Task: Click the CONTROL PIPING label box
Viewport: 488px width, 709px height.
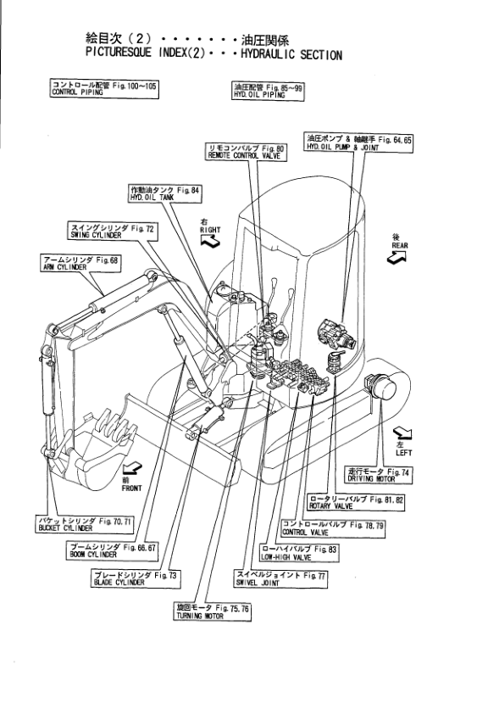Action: click(x=104, y=88)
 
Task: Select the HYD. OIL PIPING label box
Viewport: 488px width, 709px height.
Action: click(x=268, y=91)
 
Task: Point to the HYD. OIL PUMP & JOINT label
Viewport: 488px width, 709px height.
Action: click(x=358, y=142)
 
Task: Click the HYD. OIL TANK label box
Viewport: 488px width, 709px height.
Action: click(x=164, y=193)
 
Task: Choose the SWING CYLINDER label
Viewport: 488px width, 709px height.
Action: click(x=113, y=232)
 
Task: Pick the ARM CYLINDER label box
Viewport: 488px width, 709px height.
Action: click(x=80, y=263)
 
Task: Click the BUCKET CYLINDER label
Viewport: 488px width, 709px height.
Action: click(x=85, y=524)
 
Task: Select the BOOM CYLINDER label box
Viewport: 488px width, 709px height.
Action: click(x=113, y=550)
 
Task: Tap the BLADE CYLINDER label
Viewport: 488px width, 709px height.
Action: click(x=135, y=578)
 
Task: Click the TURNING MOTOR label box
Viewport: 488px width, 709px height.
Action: click(x=212, y=611)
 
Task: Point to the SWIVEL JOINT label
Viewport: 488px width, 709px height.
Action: click(x=280, y=578)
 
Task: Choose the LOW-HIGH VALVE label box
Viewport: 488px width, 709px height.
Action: click(x=299, y=553)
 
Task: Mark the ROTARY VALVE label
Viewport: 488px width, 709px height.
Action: click(x=356, y=502)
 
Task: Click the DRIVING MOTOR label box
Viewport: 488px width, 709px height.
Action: click(x=378, y=475)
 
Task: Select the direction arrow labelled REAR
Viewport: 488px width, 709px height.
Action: click(x=396, y=258)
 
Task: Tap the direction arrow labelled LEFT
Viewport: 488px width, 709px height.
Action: click(x=402, y=433)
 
